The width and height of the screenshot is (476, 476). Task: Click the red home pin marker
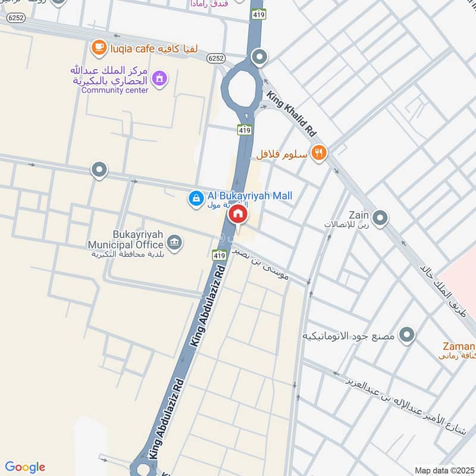[x=238, y=214]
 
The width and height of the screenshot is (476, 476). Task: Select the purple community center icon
[x=159, y=78]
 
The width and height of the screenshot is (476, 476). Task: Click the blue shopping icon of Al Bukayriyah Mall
[x=195, y=199]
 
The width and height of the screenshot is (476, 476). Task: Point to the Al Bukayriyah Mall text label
[x=250, y=196]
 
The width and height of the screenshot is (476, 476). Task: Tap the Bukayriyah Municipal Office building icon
[x=174, y=242]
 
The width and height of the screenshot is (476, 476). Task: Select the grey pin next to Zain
[x=380, y=219]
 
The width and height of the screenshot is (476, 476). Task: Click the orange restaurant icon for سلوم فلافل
[x=320, y=154]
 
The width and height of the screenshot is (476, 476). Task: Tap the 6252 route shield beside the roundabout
[x=215, y=58]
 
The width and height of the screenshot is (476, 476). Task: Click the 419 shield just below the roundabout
[x=244, y=129]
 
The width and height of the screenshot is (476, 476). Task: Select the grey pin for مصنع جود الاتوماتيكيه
[x=407, y=336]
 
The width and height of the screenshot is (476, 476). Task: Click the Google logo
[x=25, y=467]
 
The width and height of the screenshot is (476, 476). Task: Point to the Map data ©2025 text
[x=444, y=471]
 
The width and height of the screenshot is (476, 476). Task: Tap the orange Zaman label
[x=458, y=347]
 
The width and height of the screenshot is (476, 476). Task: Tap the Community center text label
[x=111, y=90]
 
